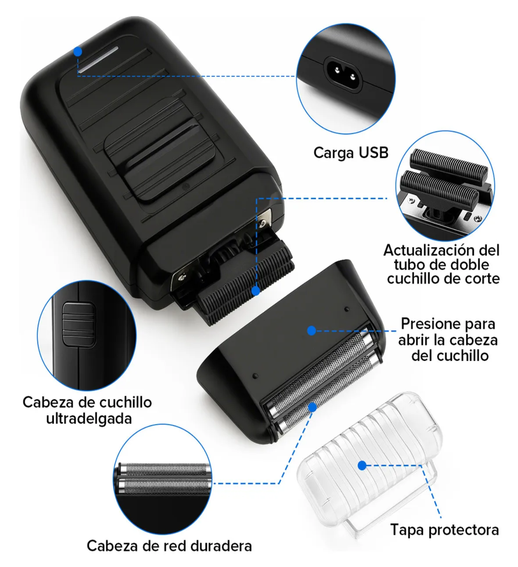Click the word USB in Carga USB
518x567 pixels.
[373, 153]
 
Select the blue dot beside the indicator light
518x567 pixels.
[78, 51]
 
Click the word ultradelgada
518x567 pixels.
[89, 418]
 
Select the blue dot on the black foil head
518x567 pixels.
[311, 330]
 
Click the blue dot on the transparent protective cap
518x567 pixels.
[362, 465]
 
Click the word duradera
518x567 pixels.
[221, 546]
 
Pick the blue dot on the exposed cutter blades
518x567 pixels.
[256, 291]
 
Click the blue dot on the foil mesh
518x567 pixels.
[312, 407]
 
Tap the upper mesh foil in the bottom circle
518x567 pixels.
[166, 470]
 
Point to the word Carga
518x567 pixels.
[334, 153]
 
